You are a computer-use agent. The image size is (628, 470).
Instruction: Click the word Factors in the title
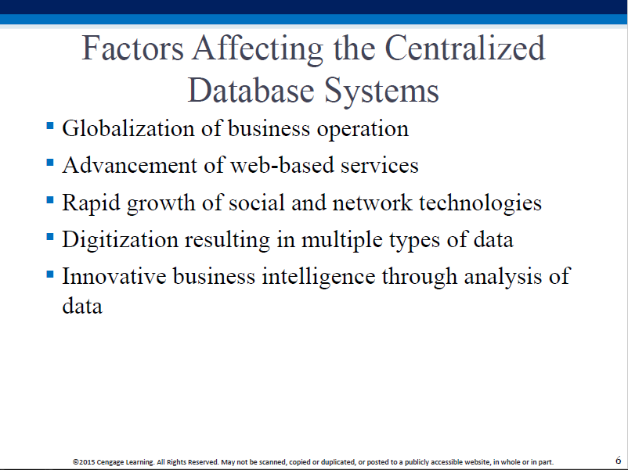(x=132, y=48)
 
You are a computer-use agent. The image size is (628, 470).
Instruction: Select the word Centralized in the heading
(x=465, y=48)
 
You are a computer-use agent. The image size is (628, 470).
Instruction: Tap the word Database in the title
(x=251, y=91)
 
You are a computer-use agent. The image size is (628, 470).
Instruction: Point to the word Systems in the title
(x=381, y=91)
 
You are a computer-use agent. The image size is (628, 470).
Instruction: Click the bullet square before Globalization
(x=50, y=126)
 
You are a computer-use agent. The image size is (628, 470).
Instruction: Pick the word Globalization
(x=128, y=128)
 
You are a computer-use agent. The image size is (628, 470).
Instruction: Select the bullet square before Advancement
(x=50, y=163)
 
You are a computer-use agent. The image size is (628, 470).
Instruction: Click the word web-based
(x=282, y=165)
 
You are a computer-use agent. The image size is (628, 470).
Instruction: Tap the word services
(x=380, y=166)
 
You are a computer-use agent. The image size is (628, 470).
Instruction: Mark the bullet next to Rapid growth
(x=50, y=199)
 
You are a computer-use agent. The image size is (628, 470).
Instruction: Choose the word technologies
(x=480, y=203)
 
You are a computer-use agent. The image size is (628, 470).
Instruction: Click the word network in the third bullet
(x=372, y=203)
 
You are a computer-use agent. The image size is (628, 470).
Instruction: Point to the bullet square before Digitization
(x=50, y=237)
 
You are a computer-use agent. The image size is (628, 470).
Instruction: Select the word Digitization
(x=120, y=239)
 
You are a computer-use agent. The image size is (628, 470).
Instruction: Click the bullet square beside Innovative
(x=50, y=274)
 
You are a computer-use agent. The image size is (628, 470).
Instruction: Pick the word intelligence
(x=319, y=277)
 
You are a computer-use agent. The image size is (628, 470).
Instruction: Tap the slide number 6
(x=619, y=460)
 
